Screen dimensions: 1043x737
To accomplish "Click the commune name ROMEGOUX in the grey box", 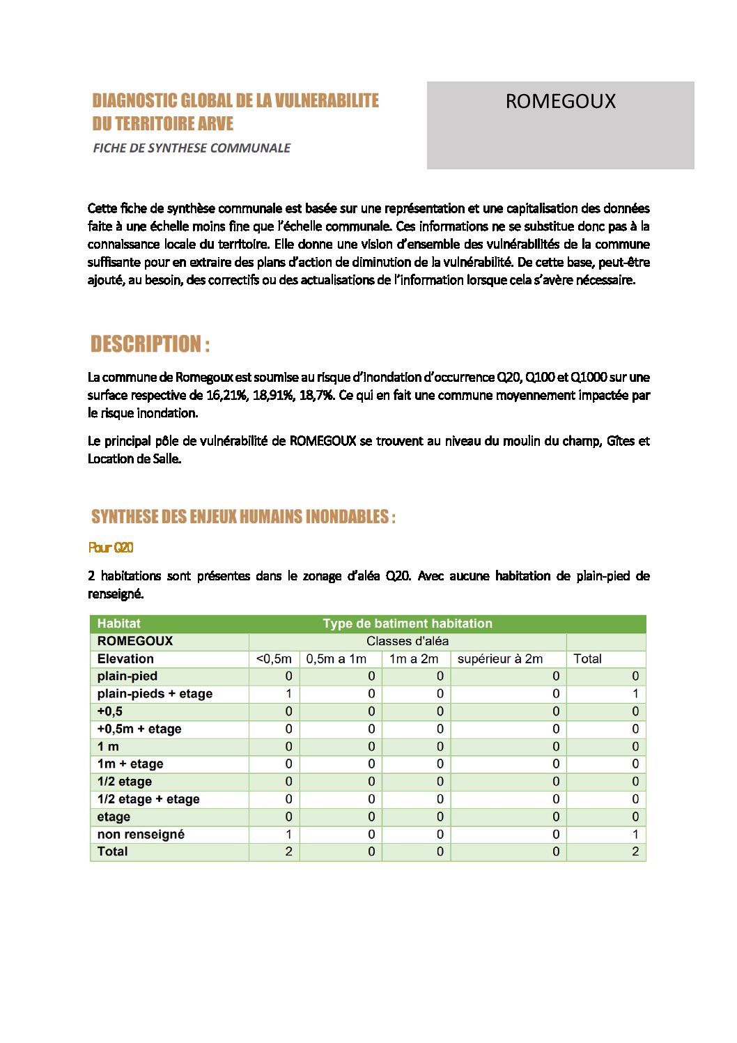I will [560, 102].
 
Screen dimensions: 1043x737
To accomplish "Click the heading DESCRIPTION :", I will [150, 344].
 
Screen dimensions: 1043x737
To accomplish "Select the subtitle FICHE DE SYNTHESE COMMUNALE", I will [192, 148].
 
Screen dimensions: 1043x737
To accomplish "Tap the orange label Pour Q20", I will [111, 548].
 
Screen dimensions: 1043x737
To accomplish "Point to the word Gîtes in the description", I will [621, 441].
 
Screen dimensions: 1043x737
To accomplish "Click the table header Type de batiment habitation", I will [408, 624].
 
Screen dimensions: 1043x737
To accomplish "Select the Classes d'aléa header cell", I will [408, 641].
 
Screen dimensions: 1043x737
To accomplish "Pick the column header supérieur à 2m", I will [499, 658].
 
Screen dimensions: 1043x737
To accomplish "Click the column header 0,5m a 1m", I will [336, 658].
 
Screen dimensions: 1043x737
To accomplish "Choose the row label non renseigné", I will [141, 834].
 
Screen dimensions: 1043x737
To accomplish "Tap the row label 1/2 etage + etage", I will [148, 799].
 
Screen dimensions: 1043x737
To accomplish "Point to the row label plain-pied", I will [127, 676].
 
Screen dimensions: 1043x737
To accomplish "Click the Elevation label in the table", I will [125, 658].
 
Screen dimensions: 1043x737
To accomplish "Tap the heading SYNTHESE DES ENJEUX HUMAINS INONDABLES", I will [243, 517].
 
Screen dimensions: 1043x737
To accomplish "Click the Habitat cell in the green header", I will [119, 624].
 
